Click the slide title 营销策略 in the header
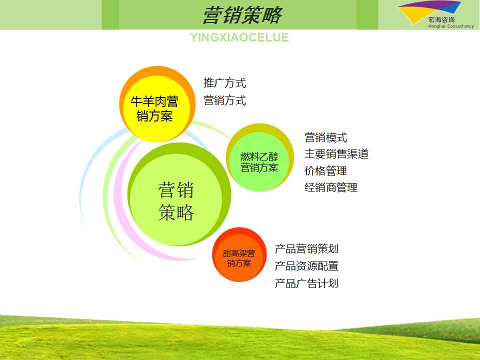pyautogui.click(x=242, y=15)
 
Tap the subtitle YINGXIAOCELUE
pyautogui.click(x=239, y=37)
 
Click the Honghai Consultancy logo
pyautogui.click(x=435, y=14)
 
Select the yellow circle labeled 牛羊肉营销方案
pyautogui.click(x=157, y=104)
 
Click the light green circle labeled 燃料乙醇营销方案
pyautogui.click(x=259, y=157)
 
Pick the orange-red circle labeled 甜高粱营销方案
pyautogui.click(x=239, y=254)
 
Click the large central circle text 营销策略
pyautogui.click(x=176, y=201)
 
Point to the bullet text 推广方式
pyautogui.click(x=224, y=83)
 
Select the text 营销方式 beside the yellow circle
pyautogui.click(x=224, y=100)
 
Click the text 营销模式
pyautogui.click(x=325, y=137)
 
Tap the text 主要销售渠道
pyautogui.click(x=336, y=154)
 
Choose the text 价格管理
pyautogui.click(x=325, y=171)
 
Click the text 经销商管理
pyautogui.click(x=331, y=187)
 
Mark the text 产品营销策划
pyautogui.click(x=306, y=249)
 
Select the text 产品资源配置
pyautogui.click(x=306, y=266)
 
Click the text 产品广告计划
pyautogui.click(x=306, y=283)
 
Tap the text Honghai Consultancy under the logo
pyautogui.click(x=451, y=26)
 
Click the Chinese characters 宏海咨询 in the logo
pyautogui.click(x=441, y=19)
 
